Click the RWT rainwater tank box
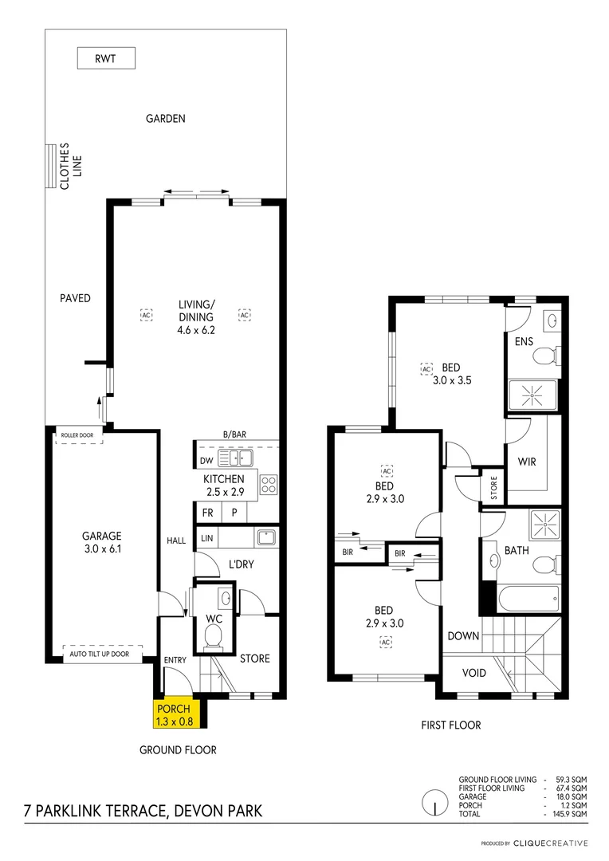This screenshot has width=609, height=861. [x=106, y=57]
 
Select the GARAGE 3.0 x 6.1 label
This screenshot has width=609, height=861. [x=101, y=542]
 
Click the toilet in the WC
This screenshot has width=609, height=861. [x=212, y=635]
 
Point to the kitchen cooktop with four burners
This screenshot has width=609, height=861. [x=269, y=484]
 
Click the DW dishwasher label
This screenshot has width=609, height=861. [x=206, y=460]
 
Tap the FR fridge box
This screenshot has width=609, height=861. [x=207, y=513]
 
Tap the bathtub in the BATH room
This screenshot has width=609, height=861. [x=523, y=596]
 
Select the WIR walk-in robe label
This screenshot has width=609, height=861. [x=527, y=461]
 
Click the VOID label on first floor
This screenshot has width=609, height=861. [x=474, y=673]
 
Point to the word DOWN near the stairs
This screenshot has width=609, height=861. [x=463, y=636]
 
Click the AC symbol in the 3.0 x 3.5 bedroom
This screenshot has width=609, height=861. [x=426, y=369]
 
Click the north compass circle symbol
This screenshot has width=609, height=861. [x=434, y=801]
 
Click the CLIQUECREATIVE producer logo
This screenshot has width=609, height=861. [x=550, y=843]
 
